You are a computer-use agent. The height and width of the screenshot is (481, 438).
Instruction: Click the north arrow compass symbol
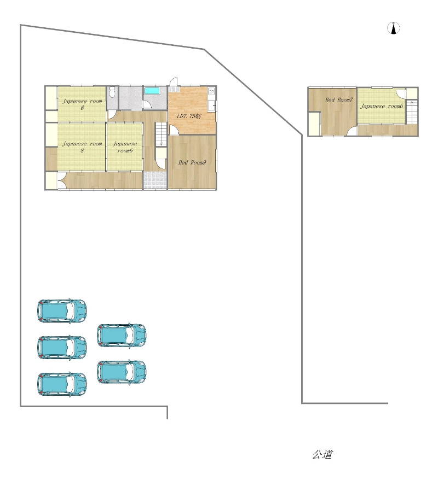[x=394, y=28]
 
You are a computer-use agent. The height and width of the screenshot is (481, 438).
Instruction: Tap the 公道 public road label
[x=322, y=454]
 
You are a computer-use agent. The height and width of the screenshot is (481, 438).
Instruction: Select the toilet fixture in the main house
[x=112, y=91]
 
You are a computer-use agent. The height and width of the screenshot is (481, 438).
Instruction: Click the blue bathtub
[x=152, y=91]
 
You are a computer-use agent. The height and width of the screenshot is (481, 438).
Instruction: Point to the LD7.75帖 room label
[x=189, y=116]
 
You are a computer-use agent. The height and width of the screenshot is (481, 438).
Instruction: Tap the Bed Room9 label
[x=192, y=162]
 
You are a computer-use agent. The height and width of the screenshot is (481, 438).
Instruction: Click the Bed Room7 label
[x=339, y=99]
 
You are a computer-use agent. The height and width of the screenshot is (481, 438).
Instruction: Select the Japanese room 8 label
[x=82, y=147]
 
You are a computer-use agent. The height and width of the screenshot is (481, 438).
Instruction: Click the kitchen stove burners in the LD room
[x=211, y=91]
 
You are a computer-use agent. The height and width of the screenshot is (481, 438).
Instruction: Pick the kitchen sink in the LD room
[x=211, y=105]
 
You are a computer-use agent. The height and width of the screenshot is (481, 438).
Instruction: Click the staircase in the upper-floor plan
[x=412, y=112]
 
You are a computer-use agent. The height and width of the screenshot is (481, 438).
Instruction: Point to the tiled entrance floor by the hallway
[x=155, y=180]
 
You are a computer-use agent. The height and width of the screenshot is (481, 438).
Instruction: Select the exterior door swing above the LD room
[x=174, y=81]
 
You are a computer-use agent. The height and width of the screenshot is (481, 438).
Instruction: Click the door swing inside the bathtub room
[x=147, y=104]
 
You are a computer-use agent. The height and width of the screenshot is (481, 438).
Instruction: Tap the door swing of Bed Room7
[x=352, y=131]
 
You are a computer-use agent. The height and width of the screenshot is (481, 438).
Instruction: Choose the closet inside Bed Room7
[x=314, y=124]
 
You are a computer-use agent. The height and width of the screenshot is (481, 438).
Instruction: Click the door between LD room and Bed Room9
[x=174, y=130]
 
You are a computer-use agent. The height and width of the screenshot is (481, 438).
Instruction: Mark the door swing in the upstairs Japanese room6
[x=401, y=93]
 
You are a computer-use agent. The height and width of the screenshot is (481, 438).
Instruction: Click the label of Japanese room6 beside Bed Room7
[x=382, y=106]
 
